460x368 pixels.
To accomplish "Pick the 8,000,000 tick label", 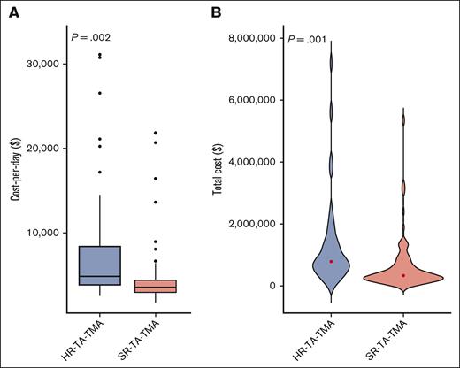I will point(252,38).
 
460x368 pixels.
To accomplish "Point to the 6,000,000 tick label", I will point(252,100).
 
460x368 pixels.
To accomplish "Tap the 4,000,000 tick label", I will point(252,162).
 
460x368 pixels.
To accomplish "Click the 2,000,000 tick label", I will point(252,224).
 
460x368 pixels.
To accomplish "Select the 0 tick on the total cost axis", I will point(273,286).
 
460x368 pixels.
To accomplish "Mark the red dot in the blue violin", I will point(331,261).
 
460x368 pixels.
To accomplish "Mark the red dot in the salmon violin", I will point(403,275).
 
